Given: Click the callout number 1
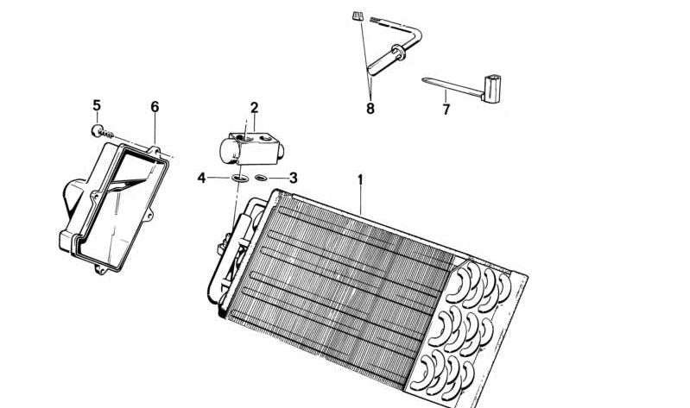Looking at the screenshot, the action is click(x=360, y=179).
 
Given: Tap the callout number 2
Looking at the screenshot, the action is click(x=255, y=107).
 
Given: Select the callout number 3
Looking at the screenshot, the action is click(x=293, y=178).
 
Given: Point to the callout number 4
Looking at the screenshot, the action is click(x=201, y=178).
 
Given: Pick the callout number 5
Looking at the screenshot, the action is click(x=97, y=105).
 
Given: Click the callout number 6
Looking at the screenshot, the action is click(x=155, y=107).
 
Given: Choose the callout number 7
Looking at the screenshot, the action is click(x=446, y=110).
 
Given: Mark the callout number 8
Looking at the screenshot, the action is click(x=370, y=109).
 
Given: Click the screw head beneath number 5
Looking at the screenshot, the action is click(x=97, y=130).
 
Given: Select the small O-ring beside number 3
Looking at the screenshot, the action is click(x=261, y=178).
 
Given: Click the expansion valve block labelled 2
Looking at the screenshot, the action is click(x=251, y=149).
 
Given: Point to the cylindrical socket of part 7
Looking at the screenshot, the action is click(x=492, y=89).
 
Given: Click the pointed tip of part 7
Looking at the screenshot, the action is click(x=423, y=79).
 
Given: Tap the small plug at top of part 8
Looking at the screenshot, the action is click(x=358, y=16).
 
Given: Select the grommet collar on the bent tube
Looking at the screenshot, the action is click(x=399, y=53).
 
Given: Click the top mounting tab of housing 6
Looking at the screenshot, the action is click(x=154, y=150).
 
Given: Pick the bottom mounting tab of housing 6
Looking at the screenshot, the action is click(x=101, y=268).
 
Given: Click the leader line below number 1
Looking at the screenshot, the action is click(x=361, y=201).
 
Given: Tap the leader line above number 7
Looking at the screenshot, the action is click(x=446, y=96).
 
